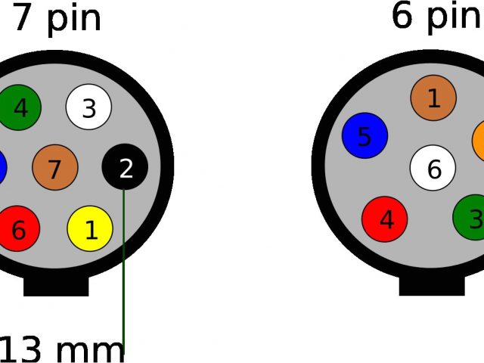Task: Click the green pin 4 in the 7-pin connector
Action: pos(19,108)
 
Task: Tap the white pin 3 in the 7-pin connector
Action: pos(88,107)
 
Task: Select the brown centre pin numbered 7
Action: pos(55,167)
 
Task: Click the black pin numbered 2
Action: pos(125,167)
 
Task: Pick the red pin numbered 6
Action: pos(18,228)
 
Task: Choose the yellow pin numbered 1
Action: pos(90,228)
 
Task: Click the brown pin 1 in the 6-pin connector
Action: pos(433,98)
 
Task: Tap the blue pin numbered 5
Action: pos(365,136)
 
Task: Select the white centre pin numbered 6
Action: pos(433,168)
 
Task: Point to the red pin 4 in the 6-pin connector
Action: pos(385,219)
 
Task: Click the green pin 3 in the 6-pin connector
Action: pos(473,218)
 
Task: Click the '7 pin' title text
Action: pos(57,18)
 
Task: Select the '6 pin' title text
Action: pos(436,16)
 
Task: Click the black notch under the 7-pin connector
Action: pos(56,286)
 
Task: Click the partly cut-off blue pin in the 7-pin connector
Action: pos(2,167)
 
